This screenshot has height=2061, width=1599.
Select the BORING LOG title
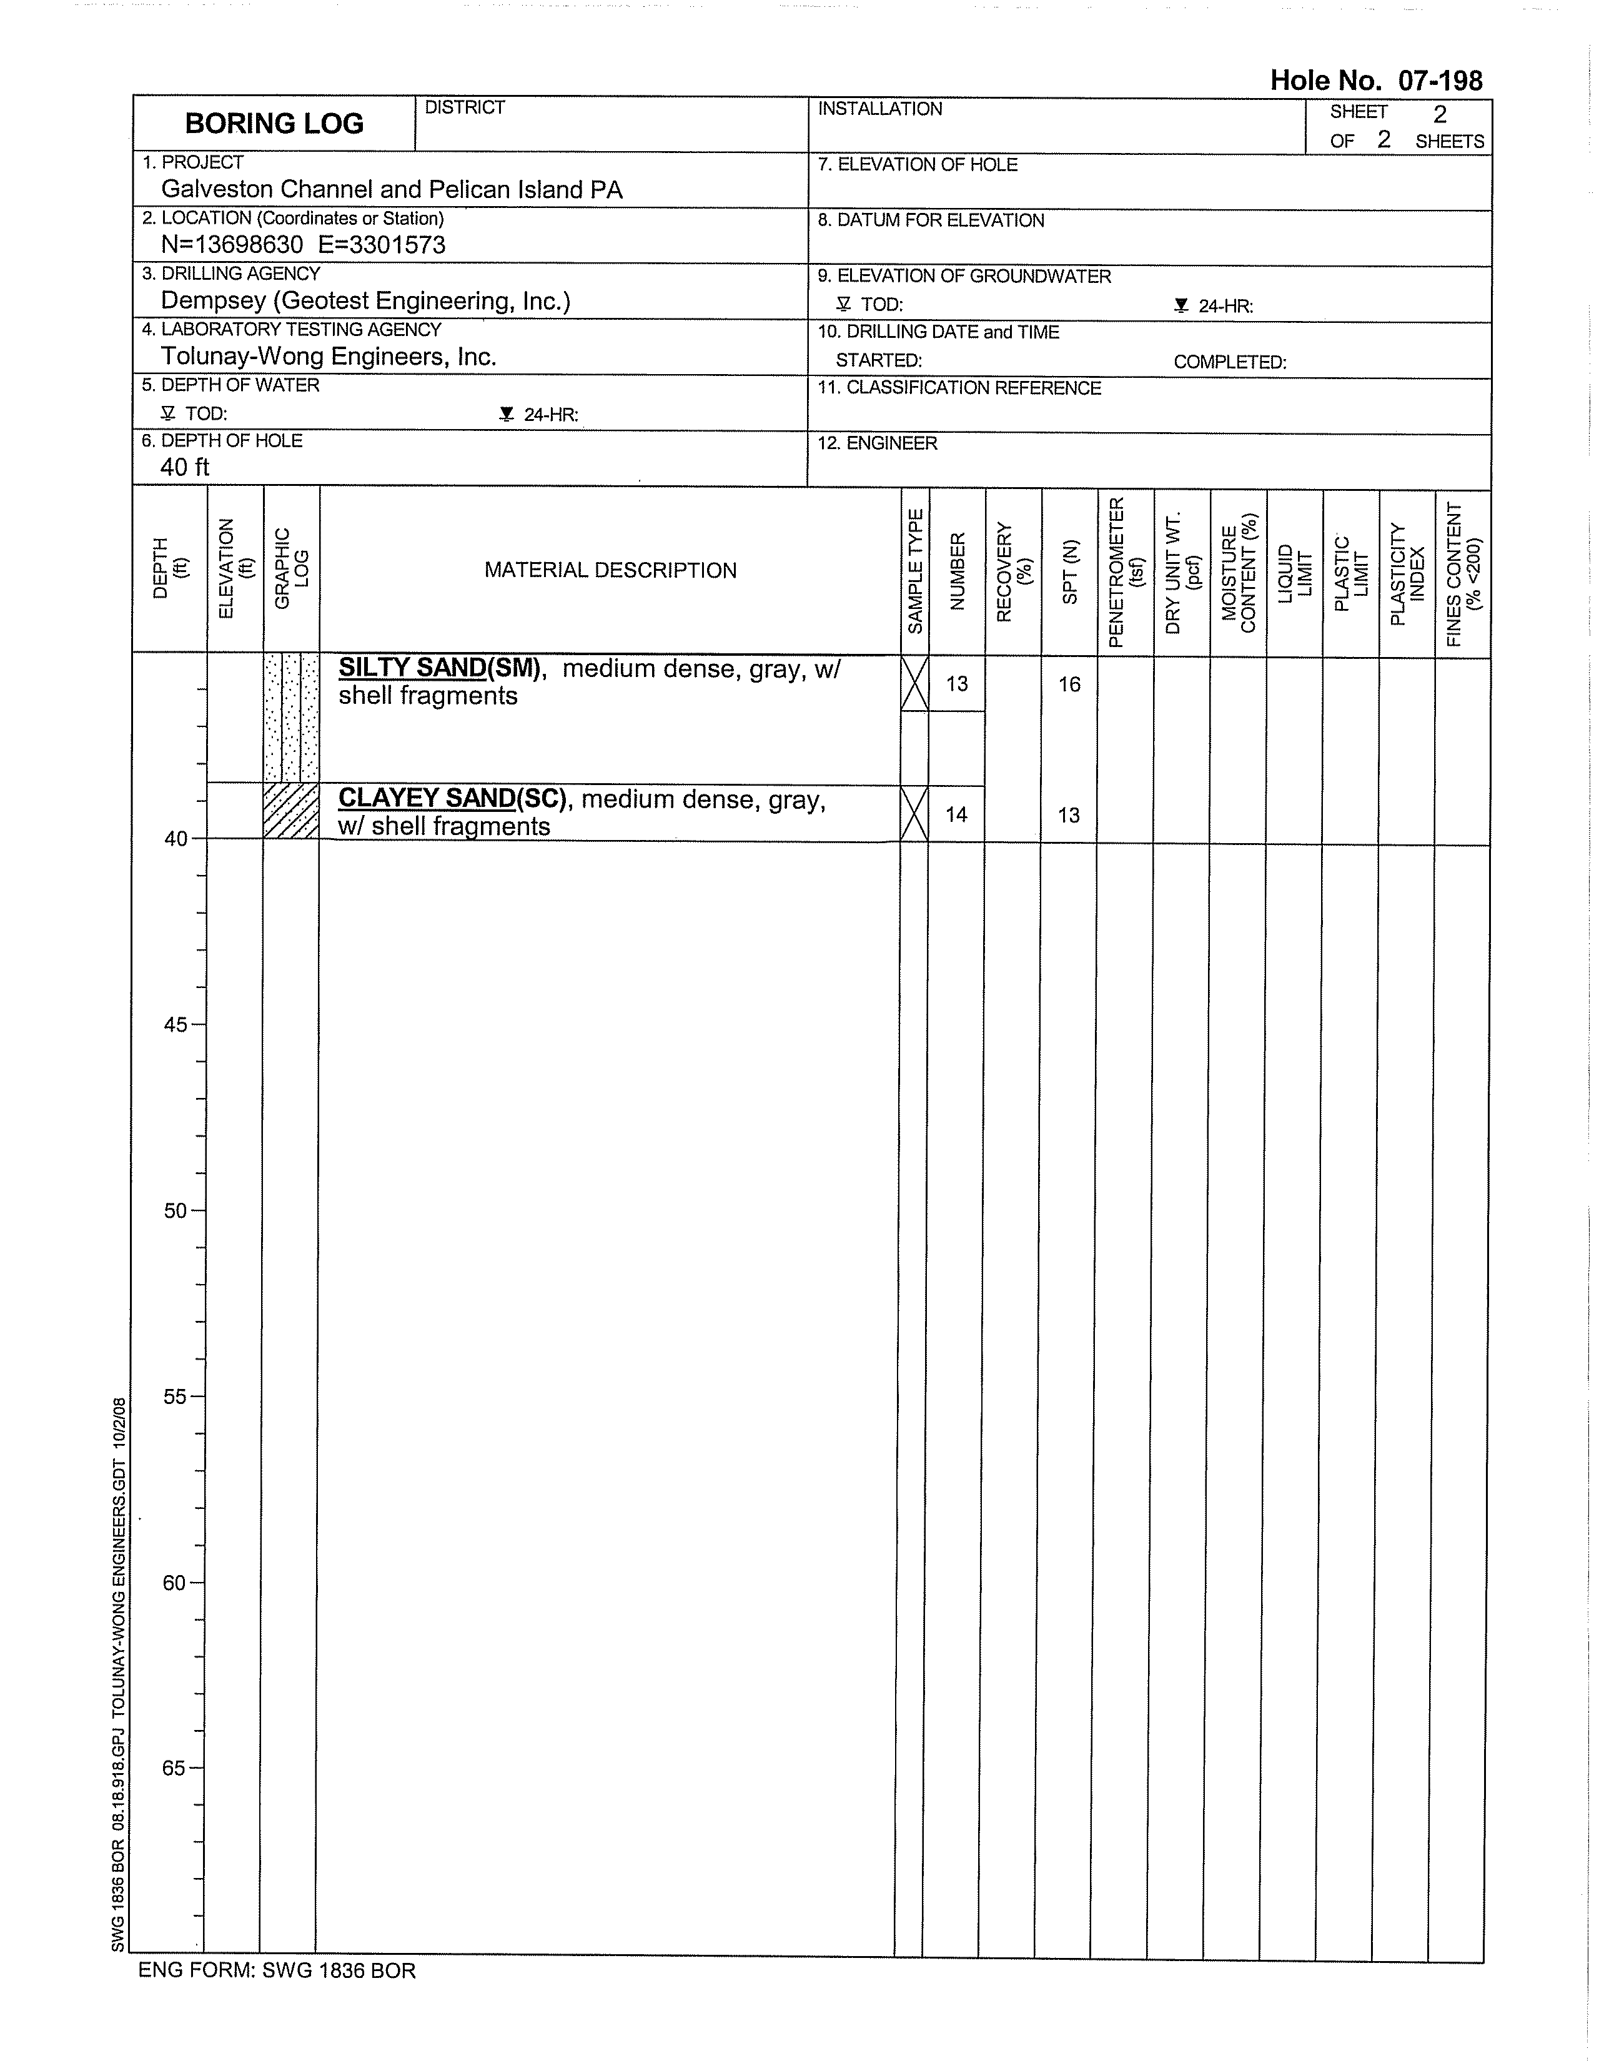[274, 124]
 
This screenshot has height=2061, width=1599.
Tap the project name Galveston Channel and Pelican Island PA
[392, 190]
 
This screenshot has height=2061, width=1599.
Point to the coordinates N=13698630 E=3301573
[303, 245]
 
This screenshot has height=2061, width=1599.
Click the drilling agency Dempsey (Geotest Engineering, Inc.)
[365, 301]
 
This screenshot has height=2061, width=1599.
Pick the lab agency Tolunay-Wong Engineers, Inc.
[329, 357]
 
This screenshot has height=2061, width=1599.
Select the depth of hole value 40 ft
[184, 467]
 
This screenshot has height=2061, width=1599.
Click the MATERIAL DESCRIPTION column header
[610, 570]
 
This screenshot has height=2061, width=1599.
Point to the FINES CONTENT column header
[1462, 573]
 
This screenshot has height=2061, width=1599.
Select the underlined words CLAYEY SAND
[427, 798]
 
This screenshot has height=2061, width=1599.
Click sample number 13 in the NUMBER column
[956, 684]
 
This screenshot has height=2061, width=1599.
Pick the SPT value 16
[1069, 684]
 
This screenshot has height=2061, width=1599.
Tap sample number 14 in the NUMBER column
[956, 814]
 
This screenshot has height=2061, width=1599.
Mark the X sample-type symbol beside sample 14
[914, 813]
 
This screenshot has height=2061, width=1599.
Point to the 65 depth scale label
[176, 1767]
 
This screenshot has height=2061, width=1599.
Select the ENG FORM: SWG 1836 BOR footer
[277, 1970]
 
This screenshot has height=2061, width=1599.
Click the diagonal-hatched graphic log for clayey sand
[290, 811]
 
